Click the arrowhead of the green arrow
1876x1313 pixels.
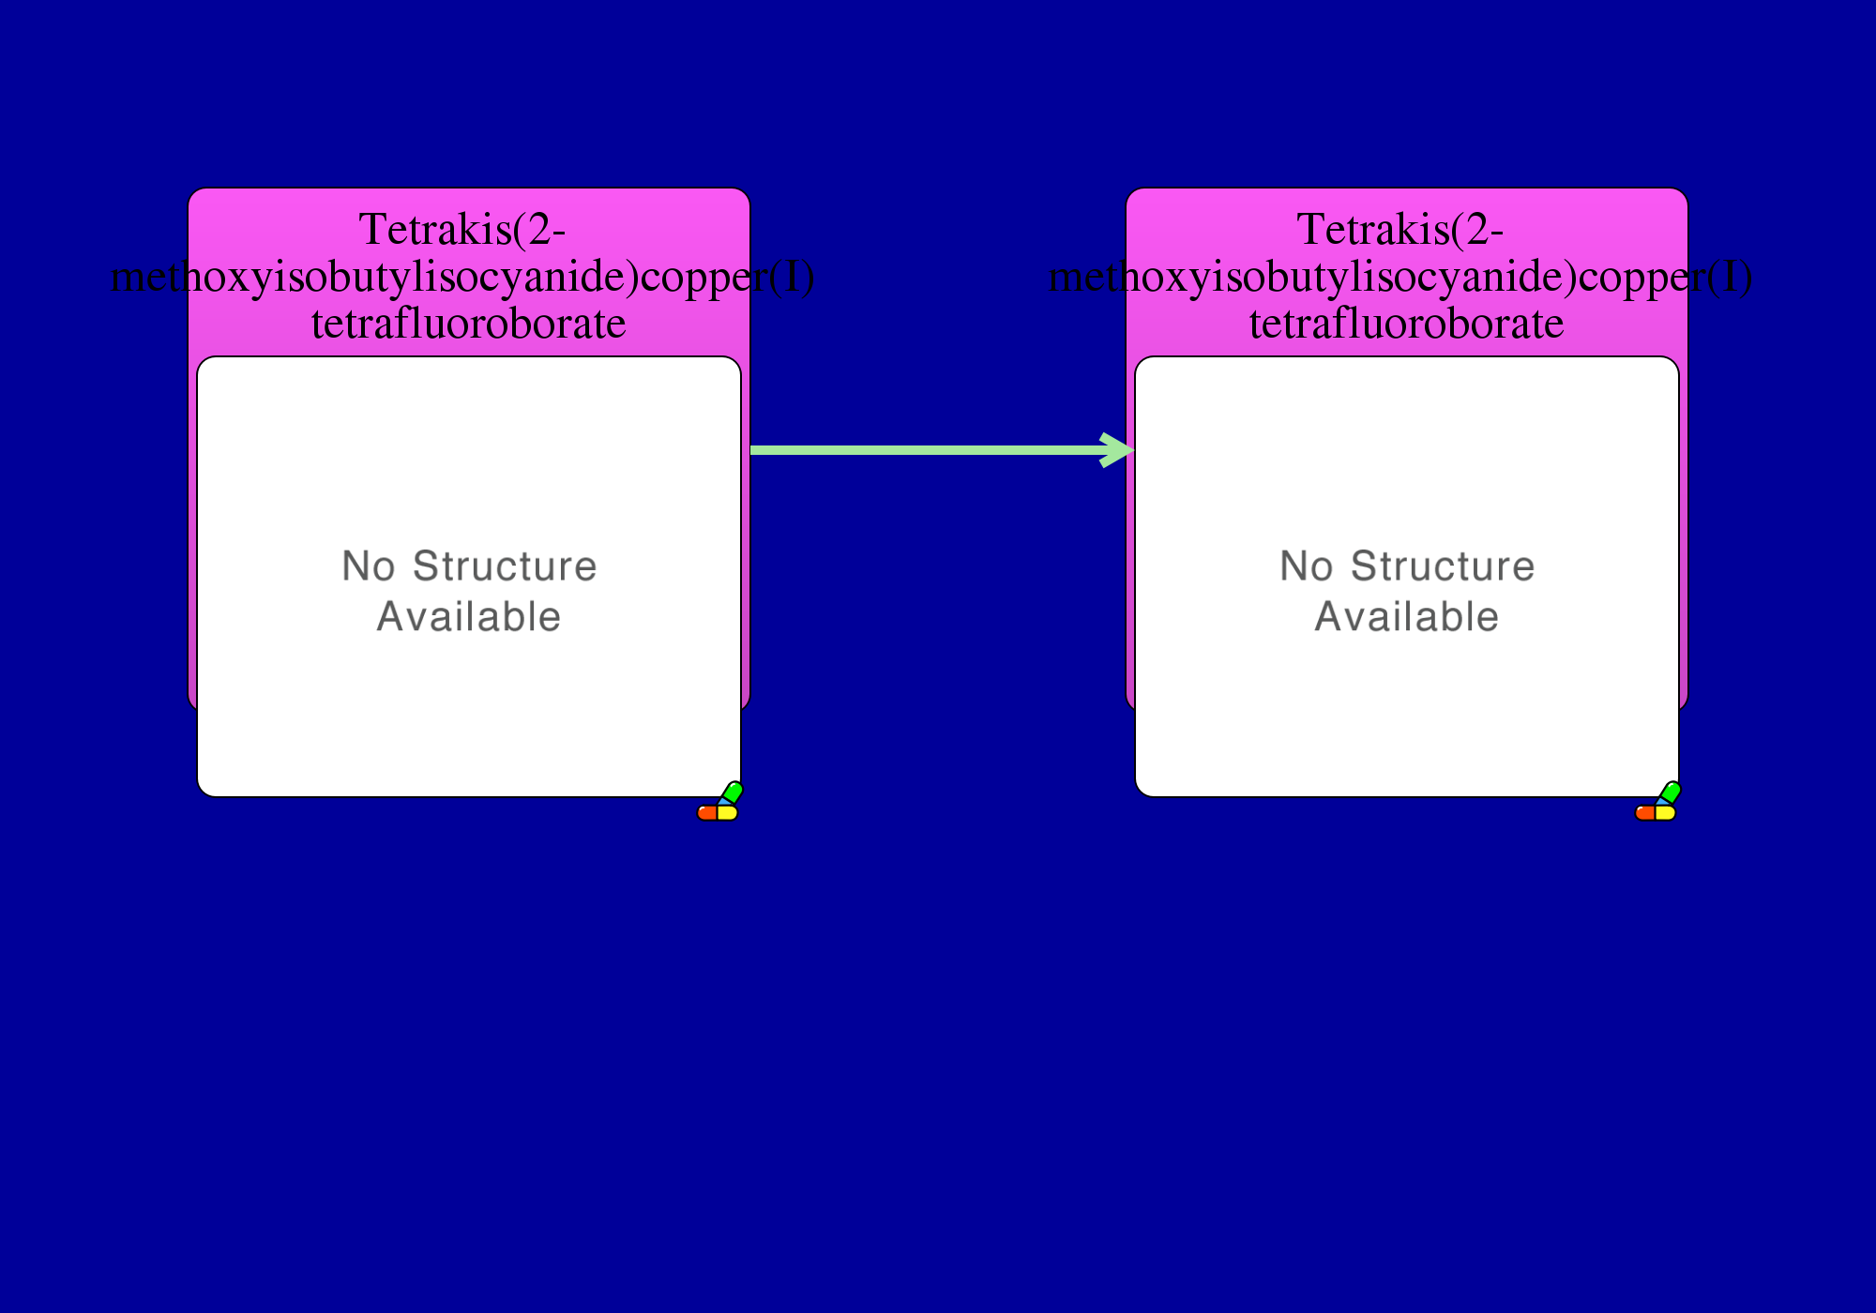coord(1118,450)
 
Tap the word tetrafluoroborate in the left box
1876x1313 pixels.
coord(469,324)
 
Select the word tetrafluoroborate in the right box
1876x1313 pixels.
coord(1407,324)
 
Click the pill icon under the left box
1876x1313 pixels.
coord(719,802)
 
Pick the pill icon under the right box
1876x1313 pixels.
coord(1657,802)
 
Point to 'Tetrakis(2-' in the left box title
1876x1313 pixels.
coord(462,230)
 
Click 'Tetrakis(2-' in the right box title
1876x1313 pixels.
coord(1400,230)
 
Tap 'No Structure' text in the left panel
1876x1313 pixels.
coord(469,566)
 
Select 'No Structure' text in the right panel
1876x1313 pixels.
coord(1407,566)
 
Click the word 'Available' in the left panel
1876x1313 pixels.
coord(469,617)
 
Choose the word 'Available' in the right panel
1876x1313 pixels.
coord(1407,617)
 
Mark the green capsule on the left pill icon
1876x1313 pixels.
coord(732,792)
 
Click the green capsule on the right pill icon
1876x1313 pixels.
coord(1670,792)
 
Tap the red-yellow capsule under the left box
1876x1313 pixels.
coord(718,813)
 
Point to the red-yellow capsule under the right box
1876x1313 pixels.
coord(1656,813)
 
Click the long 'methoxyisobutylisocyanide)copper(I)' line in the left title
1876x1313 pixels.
coord(462,278)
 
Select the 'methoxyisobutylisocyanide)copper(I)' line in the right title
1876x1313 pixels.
coord(1400,278)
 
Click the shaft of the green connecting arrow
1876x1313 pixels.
coord(929,450)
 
